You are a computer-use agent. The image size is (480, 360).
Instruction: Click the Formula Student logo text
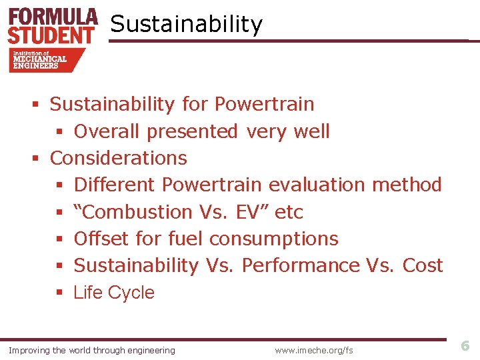point(53,25)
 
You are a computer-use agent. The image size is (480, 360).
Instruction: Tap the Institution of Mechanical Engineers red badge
point(44,60)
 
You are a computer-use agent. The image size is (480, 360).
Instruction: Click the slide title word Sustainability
point(186,25)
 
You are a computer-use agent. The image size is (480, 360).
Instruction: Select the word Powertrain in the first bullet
point(264,104)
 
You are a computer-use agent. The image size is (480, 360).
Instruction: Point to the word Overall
point(107,131)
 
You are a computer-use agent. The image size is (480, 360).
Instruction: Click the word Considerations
point(118,158)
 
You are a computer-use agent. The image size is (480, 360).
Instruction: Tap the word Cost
point(423,265)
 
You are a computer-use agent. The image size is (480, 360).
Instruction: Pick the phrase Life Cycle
point(114,293)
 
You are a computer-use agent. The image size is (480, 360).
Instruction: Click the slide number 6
point(465,345)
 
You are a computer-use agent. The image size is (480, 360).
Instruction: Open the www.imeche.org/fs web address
point(314,350)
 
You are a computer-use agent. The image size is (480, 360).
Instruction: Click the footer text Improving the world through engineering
point(91,350)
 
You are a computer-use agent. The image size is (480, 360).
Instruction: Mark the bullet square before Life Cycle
point(59,293)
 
